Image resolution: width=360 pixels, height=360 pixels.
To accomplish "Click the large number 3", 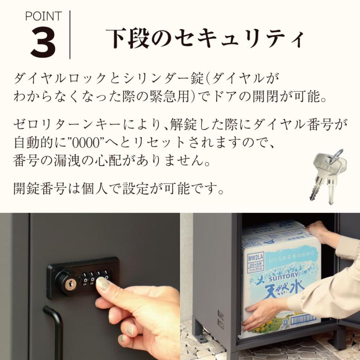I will click(43, 42).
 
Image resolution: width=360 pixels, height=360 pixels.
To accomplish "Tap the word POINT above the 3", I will click(43, 16).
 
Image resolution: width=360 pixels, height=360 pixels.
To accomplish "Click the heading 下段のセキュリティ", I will click(205, 39).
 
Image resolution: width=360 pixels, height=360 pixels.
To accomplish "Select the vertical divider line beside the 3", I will click(70, 35).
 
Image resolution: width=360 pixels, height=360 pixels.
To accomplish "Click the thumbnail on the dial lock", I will click(103, 284).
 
